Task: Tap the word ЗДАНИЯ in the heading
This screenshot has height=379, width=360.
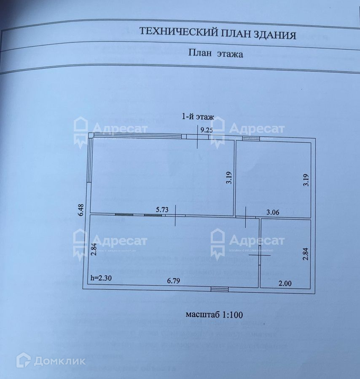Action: click(276, 35)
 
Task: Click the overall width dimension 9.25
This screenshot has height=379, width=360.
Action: click(207, 130)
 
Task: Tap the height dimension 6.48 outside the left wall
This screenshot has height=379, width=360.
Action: click(81, 209)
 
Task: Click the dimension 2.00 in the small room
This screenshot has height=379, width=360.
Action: click(285, 283)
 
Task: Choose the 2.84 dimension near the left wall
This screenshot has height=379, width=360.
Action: click(94, 250)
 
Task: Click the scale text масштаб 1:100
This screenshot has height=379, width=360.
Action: click(214, 314)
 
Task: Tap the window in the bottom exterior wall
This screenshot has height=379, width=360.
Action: click(220, 289)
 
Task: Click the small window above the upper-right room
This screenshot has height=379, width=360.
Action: click(250, 139)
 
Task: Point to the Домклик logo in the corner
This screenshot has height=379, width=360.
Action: click(51, 360)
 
